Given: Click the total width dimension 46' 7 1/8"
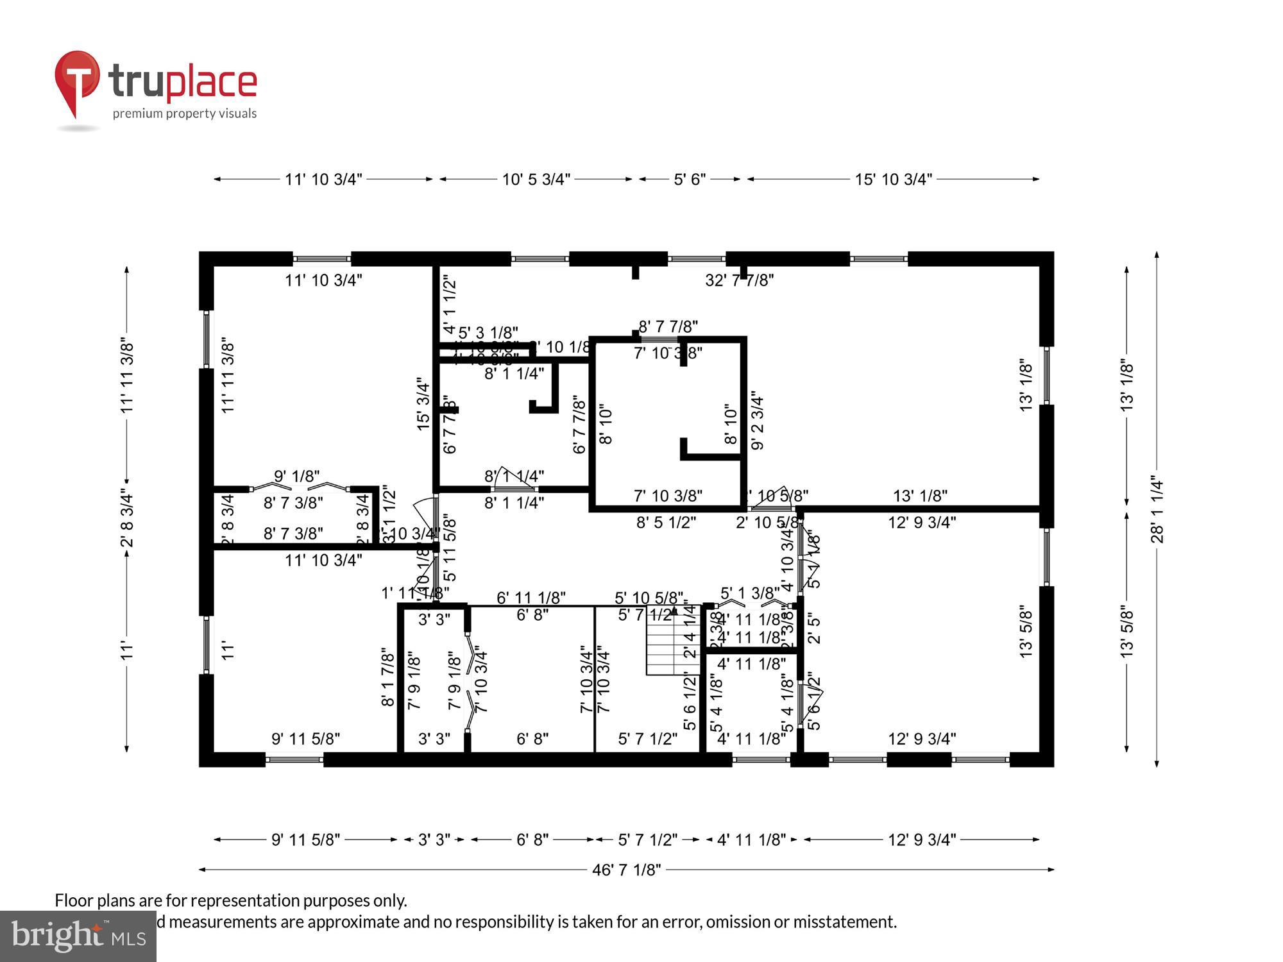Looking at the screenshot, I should pos(626,870).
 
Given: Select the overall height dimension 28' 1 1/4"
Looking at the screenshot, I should pos(1157,509).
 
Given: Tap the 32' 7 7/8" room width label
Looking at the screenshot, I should pos(739,280).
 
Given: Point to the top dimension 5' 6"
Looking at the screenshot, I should pos(690,180).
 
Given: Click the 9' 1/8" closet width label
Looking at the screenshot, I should pos(296,477).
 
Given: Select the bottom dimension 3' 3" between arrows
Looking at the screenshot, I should pos(434,840).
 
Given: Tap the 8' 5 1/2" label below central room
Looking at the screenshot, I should pos(666,523).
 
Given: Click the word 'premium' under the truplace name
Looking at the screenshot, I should pos(135,114).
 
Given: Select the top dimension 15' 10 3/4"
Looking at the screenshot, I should pos(893,180).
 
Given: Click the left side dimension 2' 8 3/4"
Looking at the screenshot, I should pos(127,519).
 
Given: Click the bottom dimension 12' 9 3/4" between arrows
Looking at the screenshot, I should pos(922,840).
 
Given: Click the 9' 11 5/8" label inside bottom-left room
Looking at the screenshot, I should pos(305,739).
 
